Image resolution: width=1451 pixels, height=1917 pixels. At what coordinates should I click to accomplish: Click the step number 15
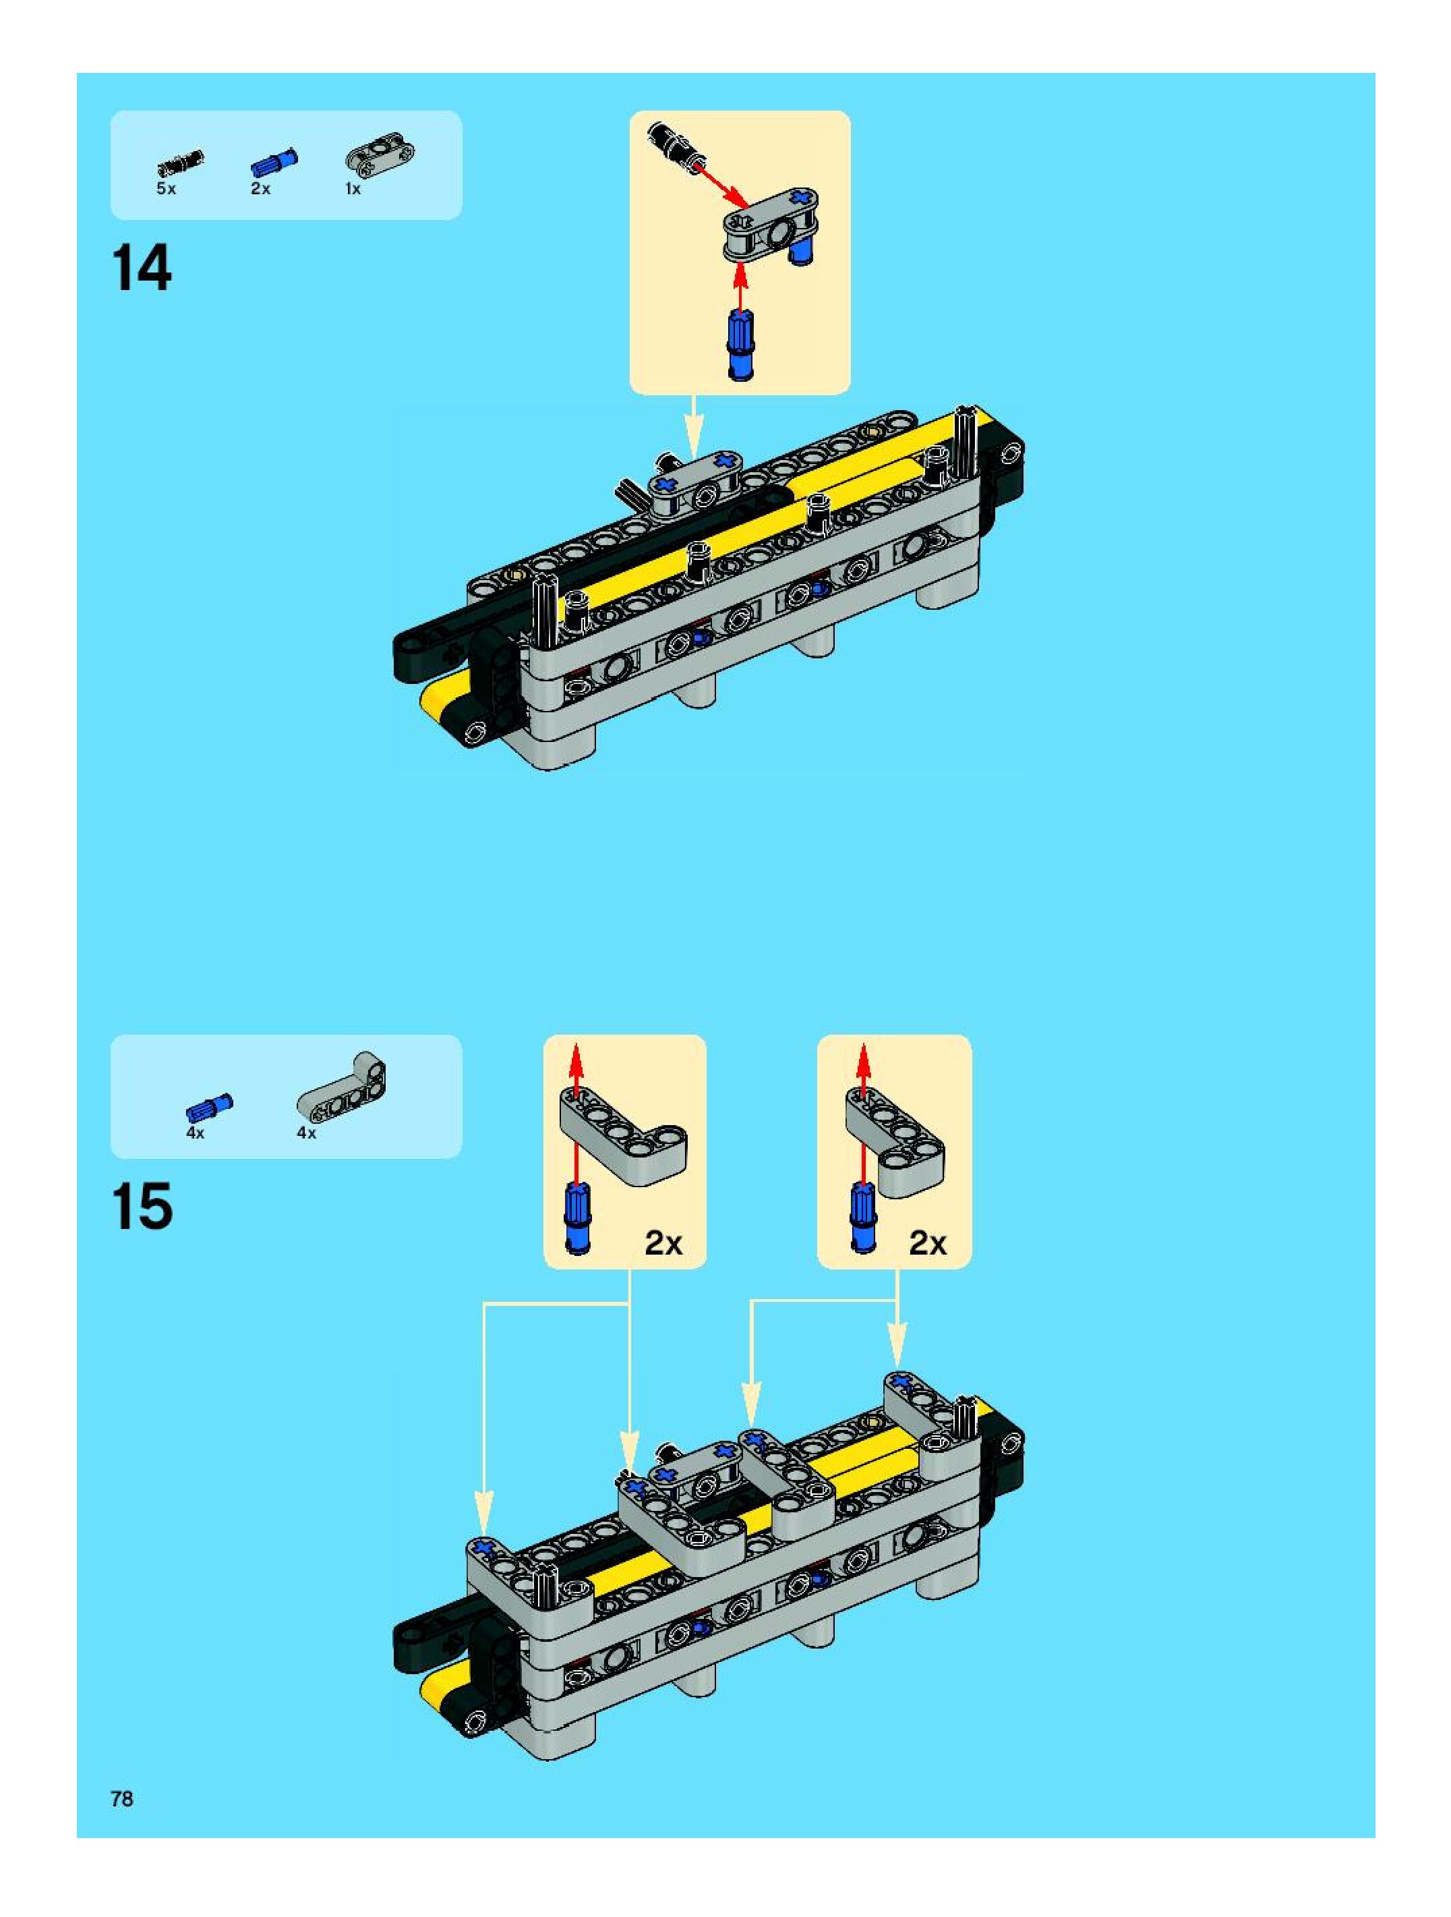tap(142, 1206)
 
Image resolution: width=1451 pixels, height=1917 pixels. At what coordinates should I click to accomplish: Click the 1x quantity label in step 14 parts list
tap(353, 189)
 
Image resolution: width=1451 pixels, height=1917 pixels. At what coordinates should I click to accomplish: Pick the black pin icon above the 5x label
tap(180, 162)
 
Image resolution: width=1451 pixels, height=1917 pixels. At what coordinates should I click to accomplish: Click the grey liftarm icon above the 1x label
tap(380, 154)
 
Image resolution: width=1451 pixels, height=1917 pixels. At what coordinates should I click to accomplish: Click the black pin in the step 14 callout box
tap(678, 143)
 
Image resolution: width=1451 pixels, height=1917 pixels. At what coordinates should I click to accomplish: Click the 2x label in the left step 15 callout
tap(663, 1244)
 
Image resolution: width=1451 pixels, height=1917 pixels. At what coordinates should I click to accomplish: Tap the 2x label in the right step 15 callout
tap(928, 1244)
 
